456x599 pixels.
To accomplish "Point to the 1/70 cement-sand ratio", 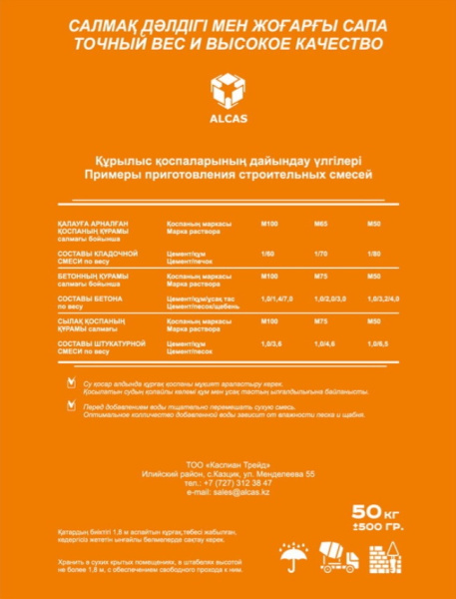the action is pyautogui.click(x=321, y=253).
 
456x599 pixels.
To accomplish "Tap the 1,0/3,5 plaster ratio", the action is pyautogui.click(x=270, y=344).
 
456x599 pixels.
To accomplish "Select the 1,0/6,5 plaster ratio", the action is pyautogui.click(x=376, y=344).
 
